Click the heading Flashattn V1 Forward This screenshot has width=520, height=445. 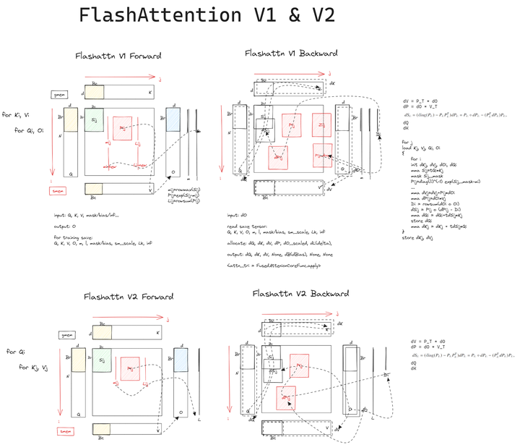click(118, 56)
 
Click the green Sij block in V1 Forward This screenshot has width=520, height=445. click(95, 120)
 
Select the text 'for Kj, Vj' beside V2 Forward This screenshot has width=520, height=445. click(34, 368)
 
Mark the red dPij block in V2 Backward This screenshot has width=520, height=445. click(287, 396)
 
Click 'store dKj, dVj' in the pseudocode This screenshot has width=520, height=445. click(424, 237)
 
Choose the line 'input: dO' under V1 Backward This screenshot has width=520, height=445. click(239, 216)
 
